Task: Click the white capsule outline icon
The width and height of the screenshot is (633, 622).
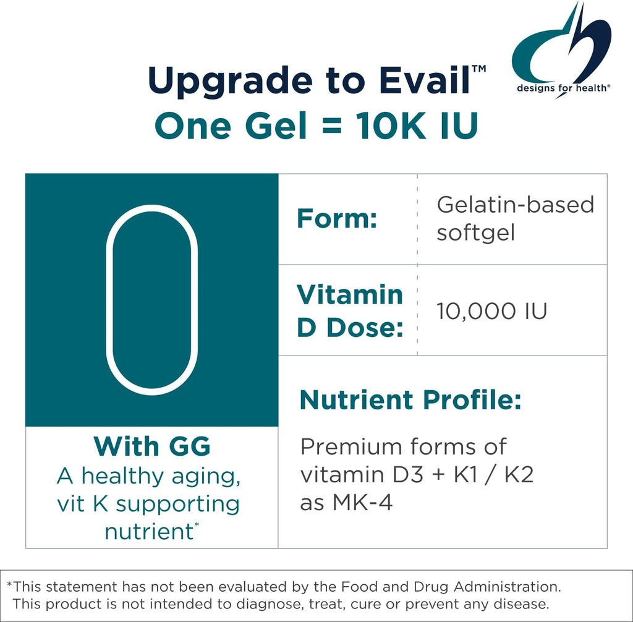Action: [151, 299]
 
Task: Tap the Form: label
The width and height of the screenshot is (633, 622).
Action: [337, 219]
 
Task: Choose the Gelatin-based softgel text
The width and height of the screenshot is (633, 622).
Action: [515, 219]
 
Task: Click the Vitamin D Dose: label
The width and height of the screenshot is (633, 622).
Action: [349, 310]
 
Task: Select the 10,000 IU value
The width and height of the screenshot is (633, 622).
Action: [491, 310]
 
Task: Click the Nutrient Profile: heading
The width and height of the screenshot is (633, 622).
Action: [410, 400]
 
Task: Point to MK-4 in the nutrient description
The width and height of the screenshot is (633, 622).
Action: [363, 503]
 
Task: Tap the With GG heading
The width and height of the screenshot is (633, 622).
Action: [151, 446]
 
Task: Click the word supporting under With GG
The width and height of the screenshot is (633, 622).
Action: [177, 504]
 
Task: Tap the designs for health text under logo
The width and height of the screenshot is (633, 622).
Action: [564, 88]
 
